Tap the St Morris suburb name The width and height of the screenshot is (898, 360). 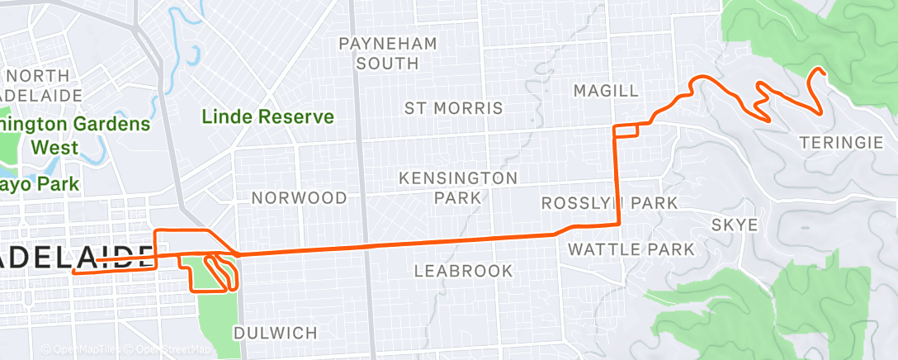pyautogui.click(x=453, y=108)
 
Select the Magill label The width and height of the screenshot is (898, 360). pyautogui.click(x=607, y=89)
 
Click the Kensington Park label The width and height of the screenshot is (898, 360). pyautogui.click(x=458, y=187)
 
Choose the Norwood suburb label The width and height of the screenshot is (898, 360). pyautogui.click(x=299, y=198)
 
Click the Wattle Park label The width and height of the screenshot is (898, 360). pyautogui.click(x=631, y=249)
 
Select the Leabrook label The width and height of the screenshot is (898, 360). pyautogui.click(x=463, y=271)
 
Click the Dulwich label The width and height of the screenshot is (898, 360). pyautogui.click(x=275, y=333)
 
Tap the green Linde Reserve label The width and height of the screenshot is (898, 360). pyautogui.click(x=268, y=117)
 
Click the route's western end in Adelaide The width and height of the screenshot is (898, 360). pyautogui.click(x=74, y=271)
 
